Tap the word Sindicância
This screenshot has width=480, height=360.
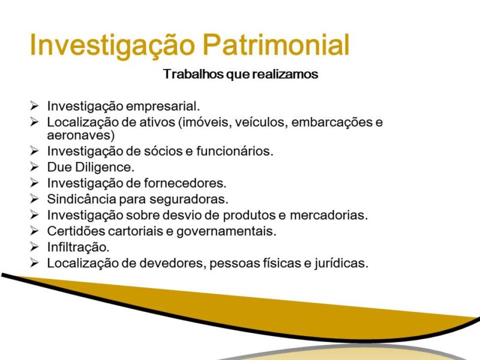click(x=78, y=198)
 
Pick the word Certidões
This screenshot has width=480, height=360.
click(x=73, y=230)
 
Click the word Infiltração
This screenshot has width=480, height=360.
click(x=78, y=247)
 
